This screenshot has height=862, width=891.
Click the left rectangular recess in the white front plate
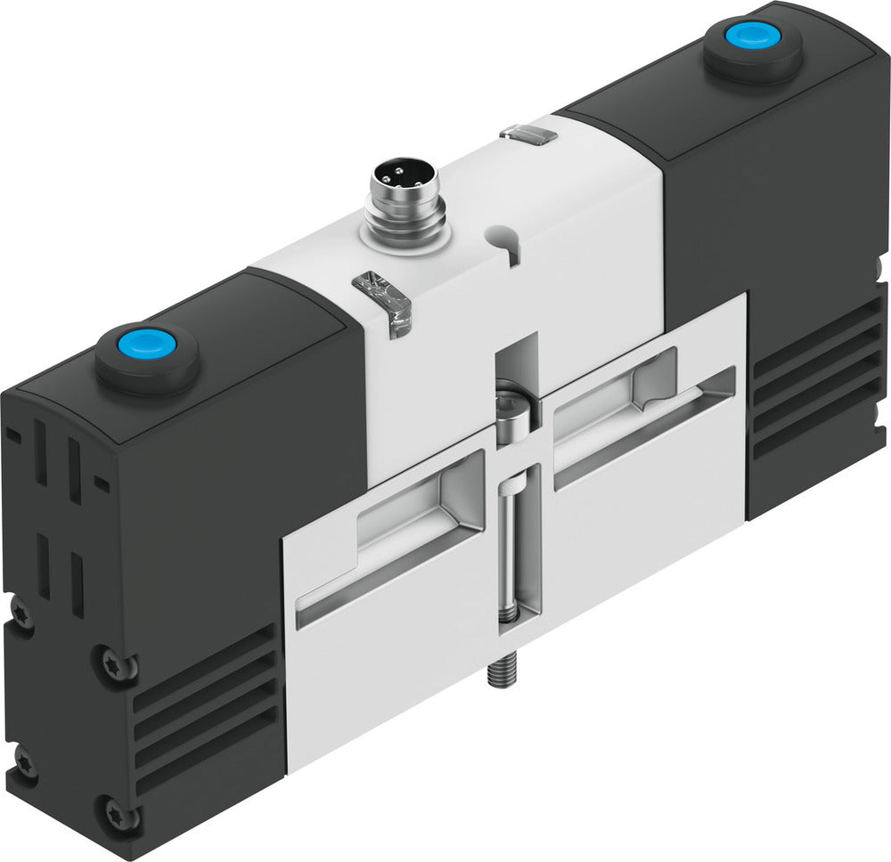392,543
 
